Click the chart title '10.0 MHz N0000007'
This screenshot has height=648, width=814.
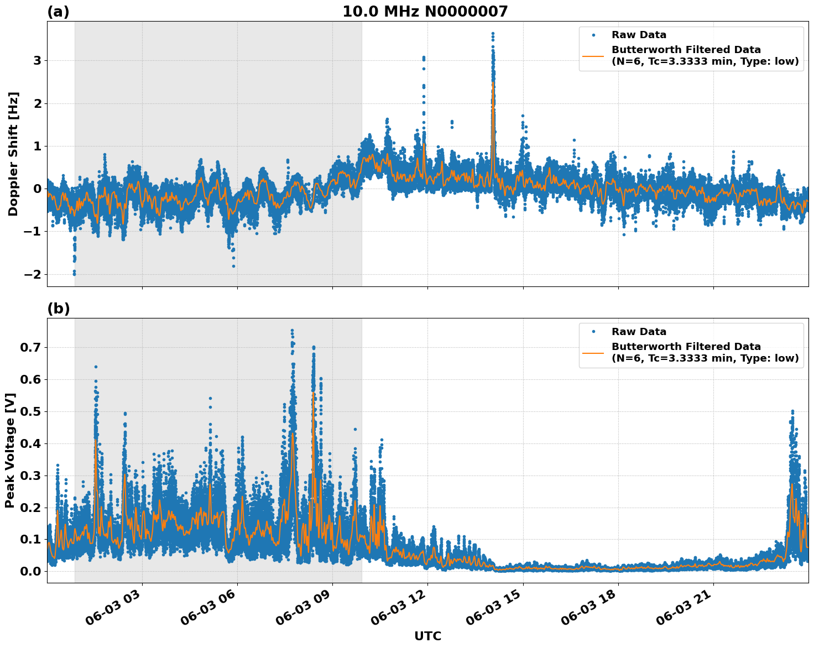(425, 12)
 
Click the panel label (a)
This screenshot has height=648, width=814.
(58, 12)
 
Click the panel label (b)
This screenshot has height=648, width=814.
(58, 309)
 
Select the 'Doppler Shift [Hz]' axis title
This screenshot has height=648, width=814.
(13, 154)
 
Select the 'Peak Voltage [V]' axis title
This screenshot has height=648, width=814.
(10, 450)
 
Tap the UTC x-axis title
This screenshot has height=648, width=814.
(427, 636)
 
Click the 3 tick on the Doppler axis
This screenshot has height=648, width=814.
(37, 60)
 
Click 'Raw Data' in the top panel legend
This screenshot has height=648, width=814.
(639, 35)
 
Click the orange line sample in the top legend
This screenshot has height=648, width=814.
(593, 55)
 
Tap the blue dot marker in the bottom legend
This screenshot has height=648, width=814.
(593, 332)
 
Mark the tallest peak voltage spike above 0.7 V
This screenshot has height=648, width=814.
(292, 331)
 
